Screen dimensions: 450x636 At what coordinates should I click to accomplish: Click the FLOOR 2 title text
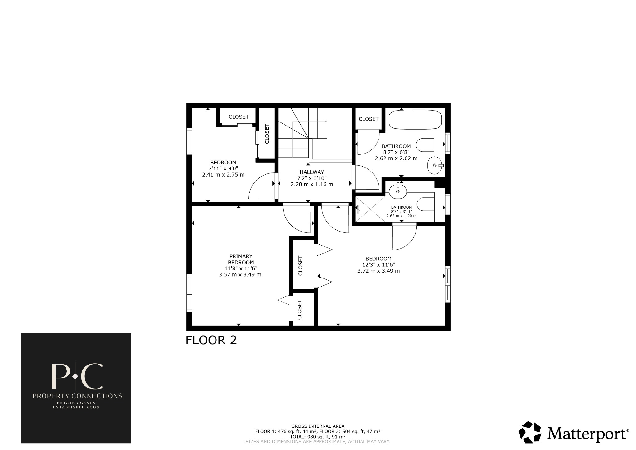click(211, 340)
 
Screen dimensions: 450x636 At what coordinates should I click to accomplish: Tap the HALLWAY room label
click(312, 172)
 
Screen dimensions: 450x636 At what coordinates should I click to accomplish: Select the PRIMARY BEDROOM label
click(241, 259)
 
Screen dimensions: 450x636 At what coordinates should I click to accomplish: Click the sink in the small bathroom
click(398, 191)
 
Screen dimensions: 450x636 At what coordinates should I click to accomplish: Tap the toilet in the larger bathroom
click(424, 145)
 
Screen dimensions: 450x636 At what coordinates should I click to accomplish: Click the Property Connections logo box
click(76, 388)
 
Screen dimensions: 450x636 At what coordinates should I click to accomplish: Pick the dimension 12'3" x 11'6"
click(379, 265)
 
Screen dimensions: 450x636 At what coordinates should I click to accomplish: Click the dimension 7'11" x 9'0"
click(223, 168)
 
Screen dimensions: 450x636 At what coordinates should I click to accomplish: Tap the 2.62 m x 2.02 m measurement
click(396, 158)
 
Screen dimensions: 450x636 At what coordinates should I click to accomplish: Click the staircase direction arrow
click(325, 122)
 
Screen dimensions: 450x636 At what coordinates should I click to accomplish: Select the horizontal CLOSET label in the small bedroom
click(238, 117)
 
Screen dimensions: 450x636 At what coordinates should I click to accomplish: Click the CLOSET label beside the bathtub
click(369, 119)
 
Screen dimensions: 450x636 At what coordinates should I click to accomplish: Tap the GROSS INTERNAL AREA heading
click(318, 426)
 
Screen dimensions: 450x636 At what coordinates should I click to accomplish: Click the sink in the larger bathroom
click(434, 165)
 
